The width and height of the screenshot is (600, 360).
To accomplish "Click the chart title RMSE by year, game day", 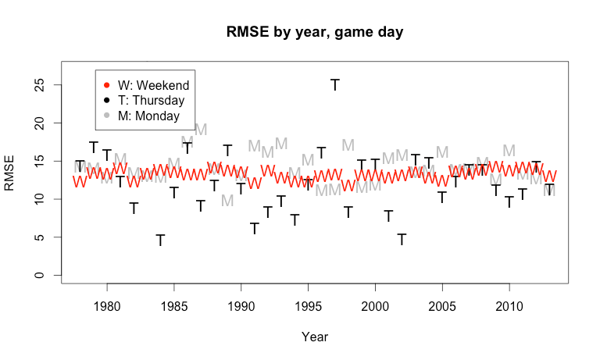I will [x=315, y=32].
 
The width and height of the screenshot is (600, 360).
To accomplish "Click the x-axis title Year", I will [x=315, y=337].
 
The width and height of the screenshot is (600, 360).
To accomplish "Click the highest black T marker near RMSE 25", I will [x=335, y=84].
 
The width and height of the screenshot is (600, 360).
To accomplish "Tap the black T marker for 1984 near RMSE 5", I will [x=160, y=240].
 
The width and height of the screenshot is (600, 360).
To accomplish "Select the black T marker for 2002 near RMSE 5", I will [x=402, y=239].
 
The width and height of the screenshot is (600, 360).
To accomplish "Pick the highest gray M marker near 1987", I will [x=200, y=129].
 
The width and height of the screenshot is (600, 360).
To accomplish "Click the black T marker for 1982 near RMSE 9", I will [x=134, y=208].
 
